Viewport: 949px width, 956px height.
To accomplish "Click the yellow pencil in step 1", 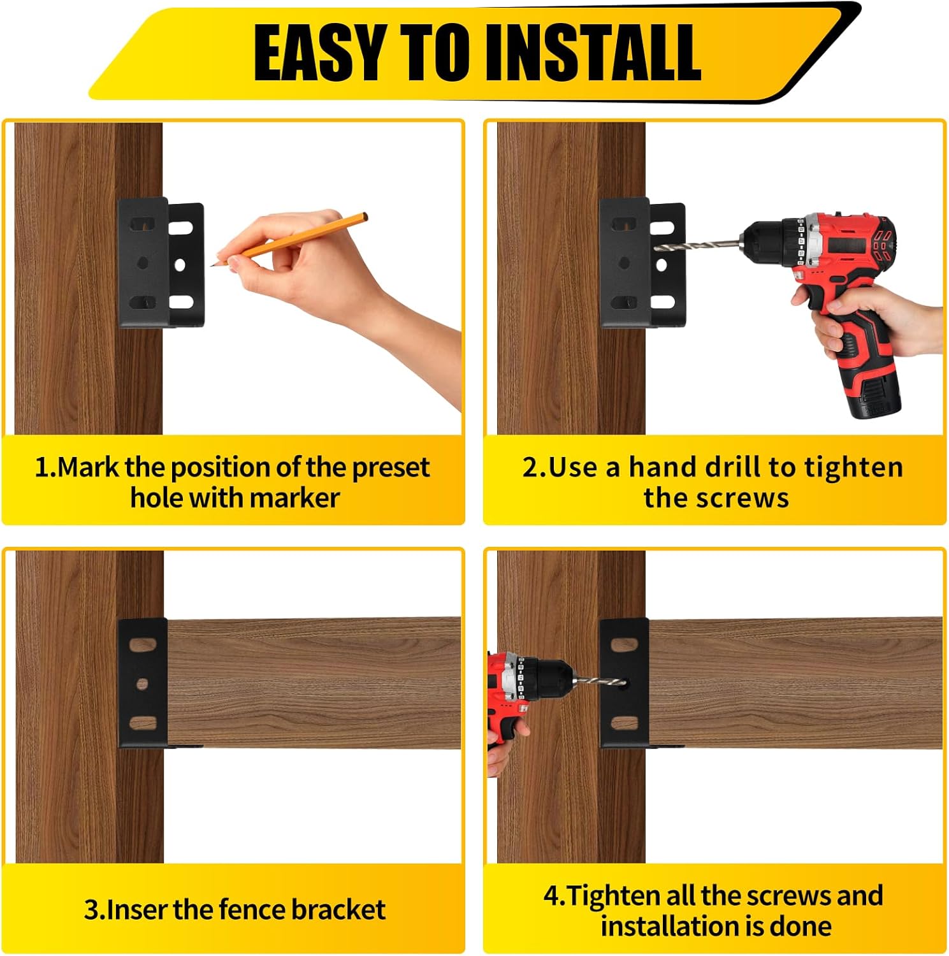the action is point(290,239).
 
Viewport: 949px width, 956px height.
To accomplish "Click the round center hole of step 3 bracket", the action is point(142,684).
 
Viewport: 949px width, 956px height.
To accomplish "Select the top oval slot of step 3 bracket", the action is point(143,644).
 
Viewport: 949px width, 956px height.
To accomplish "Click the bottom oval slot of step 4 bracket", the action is point(625,723).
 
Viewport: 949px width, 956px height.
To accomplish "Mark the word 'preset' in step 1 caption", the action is point(391,468).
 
